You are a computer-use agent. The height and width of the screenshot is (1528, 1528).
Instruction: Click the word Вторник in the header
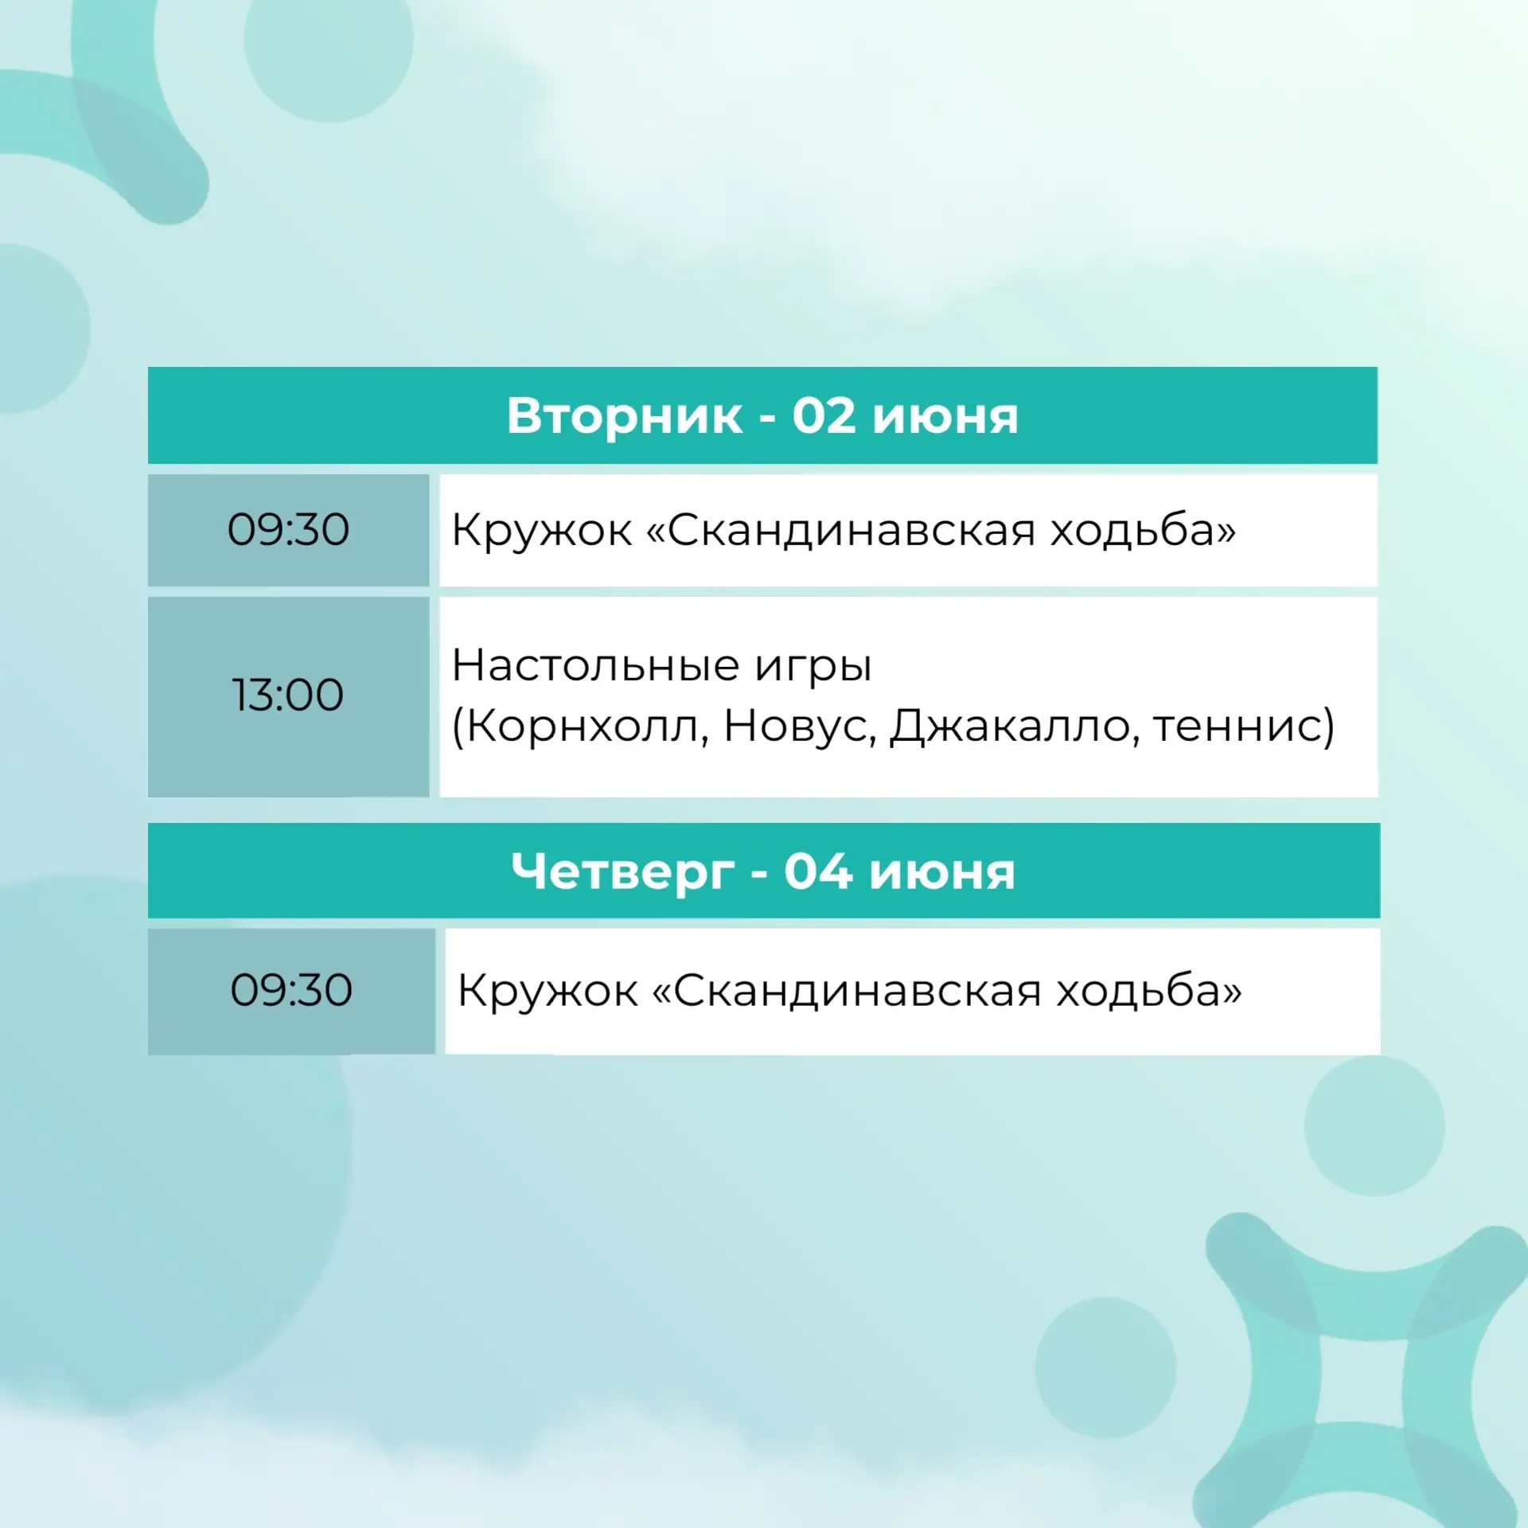tap(625, 416)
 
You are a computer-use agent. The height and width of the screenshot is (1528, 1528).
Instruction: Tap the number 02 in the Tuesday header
tap(823, 415)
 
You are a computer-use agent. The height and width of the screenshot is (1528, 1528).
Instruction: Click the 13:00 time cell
tap(288, 696)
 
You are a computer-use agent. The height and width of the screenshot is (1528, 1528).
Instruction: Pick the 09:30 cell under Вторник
tap(288, 530)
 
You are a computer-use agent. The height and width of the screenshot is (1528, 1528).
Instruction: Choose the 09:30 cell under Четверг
tap(291, 992)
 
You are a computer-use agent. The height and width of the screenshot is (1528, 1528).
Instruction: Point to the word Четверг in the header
tap(623, 873)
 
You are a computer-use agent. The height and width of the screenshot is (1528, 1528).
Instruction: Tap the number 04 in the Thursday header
tap(817, 871)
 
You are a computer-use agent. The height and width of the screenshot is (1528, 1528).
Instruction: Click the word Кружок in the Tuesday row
tap(542, 531)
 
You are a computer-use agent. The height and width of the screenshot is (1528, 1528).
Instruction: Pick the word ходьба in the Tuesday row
tap(1143, 530)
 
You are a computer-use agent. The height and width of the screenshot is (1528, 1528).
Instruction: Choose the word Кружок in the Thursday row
tap(548, 992)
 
